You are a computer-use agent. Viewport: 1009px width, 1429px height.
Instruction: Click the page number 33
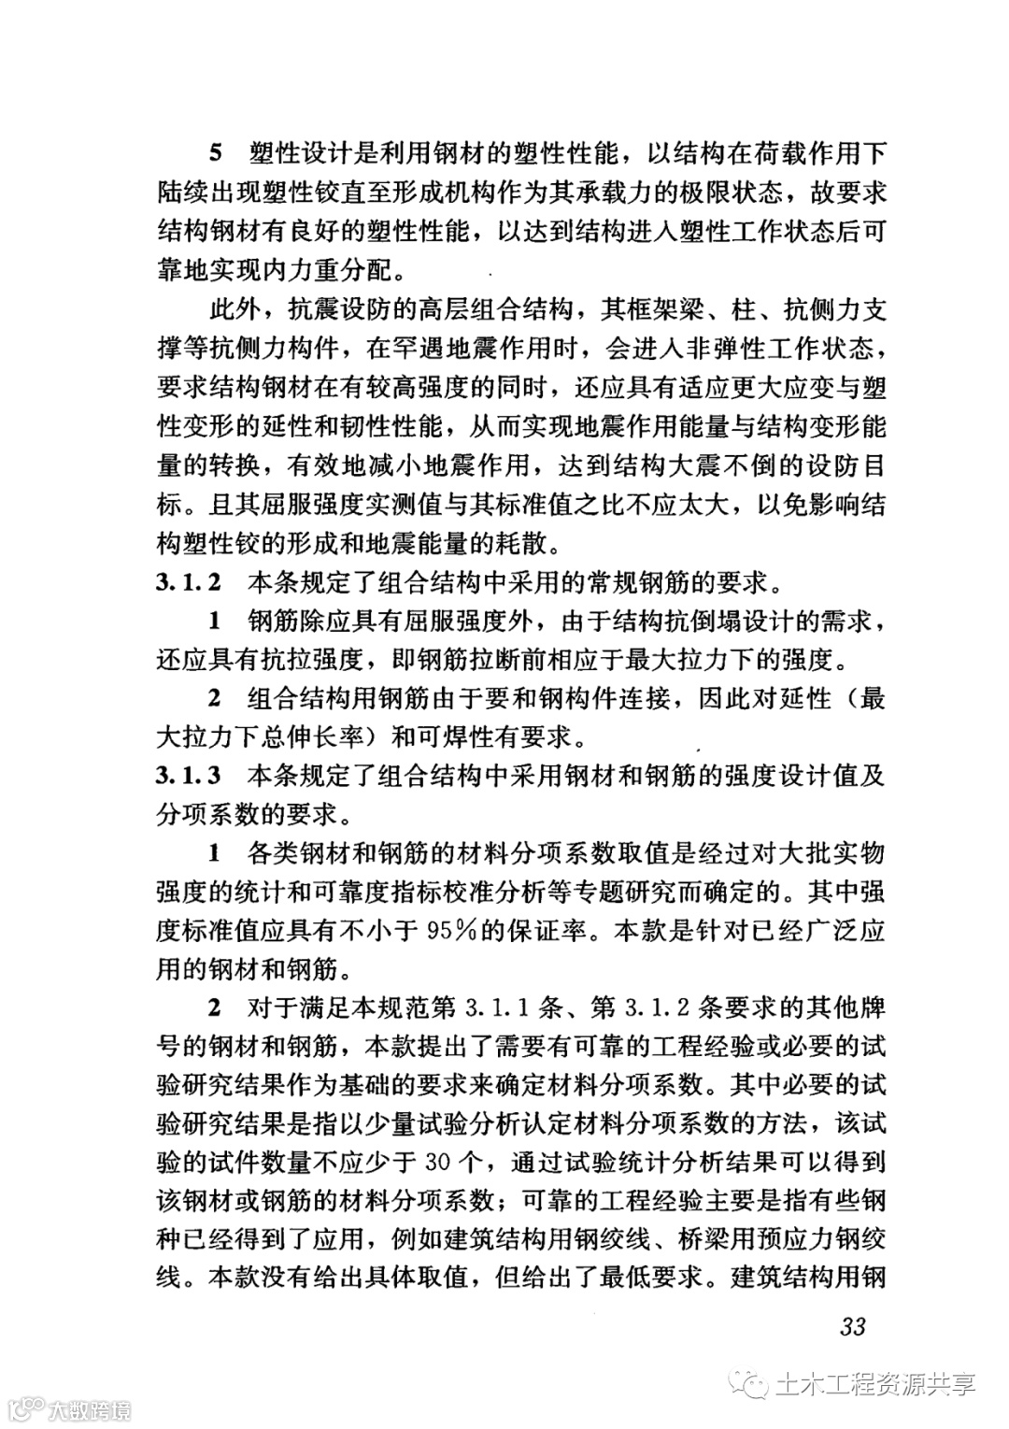click(853, 1325)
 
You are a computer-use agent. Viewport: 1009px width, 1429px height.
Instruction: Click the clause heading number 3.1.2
click(189, 583)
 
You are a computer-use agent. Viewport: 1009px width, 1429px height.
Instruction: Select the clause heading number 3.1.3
click(189, 775)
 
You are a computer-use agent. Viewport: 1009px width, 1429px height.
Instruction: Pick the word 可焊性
click(454, 736)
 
